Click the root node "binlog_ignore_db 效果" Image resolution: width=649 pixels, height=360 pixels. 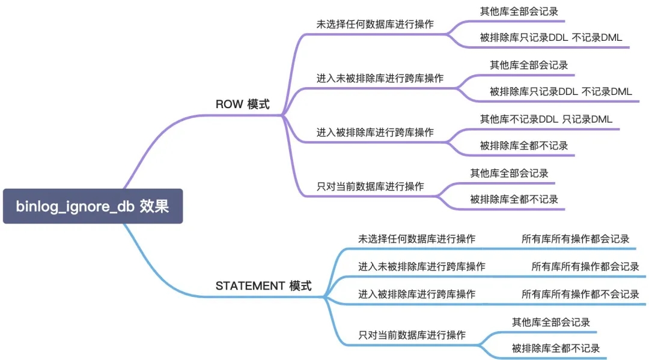click(93, 206)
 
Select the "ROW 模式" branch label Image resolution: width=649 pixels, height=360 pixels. click(242, 104)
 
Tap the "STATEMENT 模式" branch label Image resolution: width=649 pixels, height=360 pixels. click(263, 286)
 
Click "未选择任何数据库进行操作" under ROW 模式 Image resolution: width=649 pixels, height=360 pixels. click(374, 25)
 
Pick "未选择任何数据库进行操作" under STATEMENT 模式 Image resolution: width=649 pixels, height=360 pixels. click(416, 239)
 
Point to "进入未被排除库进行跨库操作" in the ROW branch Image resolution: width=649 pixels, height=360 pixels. click(380, 78)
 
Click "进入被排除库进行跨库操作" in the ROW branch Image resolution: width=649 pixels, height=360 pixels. click(375, 132)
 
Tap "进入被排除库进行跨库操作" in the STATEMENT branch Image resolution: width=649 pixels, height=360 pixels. click(416, 294)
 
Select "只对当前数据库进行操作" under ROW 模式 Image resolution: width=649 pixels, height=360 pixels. click(370, 186)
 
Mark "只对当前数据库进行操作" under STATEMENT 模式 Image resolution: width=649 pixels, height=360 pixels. click(412, 335)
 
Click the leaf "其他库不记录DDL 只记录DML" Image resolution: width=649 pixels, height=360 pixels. click(546, 119)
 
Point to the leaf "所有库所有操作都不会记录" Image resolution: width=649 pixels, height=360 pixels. click(580, 294)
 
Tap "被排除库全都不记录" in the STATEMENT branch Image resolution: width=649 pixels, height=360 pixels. click(555, 348)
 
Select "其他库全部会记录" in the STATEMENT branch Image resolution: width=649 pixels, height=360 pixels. click(550, 323)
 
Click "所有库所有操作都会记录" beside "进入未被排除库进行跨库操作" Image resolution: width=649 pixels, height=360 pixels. click(585, 266)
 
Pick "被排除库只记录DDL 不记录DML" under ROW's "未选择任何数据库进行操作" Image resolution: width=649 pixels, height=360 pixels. click(550, 37)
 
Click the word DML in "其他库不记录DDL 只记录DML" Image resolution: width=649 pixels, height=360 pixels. click(601, 119)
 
